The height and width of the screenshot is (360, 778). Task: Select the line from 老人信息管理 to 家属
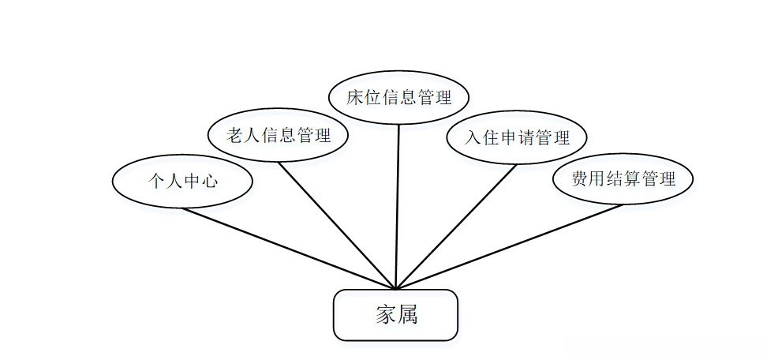click(x=336, y=226)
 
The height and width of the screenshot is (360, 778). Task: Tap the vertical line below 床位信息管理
click(x=397, y=205)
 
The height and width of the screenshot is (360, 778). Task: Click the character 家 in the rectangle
click(x=384, y=315)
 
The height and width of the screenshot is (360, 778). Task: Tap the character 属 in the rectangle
click(x=407, y=315)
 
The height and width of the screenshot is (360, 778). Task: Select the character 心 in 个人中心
click(x=209, y=182)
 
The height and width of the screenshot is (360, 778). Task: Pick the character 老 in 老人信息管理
click(x=235, y=135)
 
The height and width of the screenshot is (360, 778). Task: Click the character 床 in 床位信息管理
click(x=355, y=98)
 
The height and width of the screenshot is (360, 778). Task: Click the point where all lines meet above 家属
click(x=394, y=289)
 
